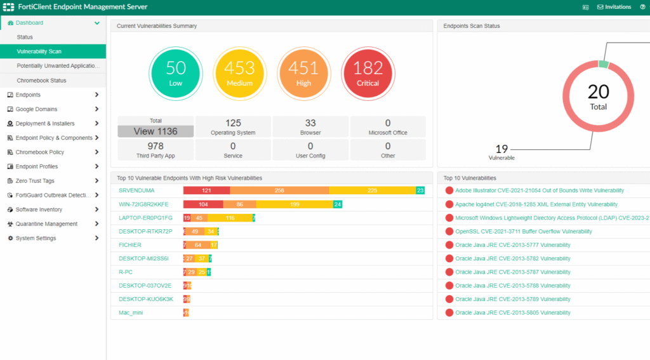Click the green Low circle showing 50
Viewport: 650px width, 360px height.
pos(175,74)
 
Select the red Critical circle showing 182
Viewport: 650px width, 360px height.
pos(368,74)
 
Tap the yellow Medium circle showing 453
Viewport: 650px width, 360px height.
pos(239,74)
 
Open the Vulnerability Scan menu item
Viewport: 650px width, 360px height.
pos(39,51)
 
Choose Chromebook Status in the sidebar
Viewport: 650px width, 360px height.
pos(41,81)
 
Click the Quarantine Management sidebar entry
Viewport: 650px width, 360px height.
pos(46,224)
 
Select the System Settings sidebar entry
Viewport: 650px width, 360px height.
pos(36,238)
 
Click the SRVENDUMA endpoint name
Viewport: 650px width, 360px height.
pos(136,190)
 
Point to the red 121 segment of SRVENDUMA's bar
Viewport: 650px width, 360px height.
pos(206,190)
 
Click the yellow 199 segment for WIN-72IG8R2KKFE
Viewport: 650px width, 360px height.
pos(295,204)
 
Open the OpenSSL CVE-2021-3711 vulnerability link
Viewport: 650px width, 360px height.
pos(523,232)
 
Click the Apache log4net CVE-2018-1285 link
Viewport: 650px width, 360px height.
pos(536,204)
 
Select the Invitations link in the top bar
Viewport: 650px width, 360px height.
pos(614,7)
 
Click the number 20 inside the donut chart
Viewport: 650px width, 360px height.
pos(598,93)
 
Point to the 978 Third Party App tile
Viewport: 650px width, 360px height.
pos(156,150)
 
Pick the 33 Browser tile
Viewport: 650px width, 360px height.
pos(310,127)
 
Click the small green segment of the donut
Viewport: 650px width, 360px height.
pos(603,64)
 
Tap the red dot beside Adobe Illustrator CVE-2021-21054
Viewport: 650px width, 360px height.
pos(449,190)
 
